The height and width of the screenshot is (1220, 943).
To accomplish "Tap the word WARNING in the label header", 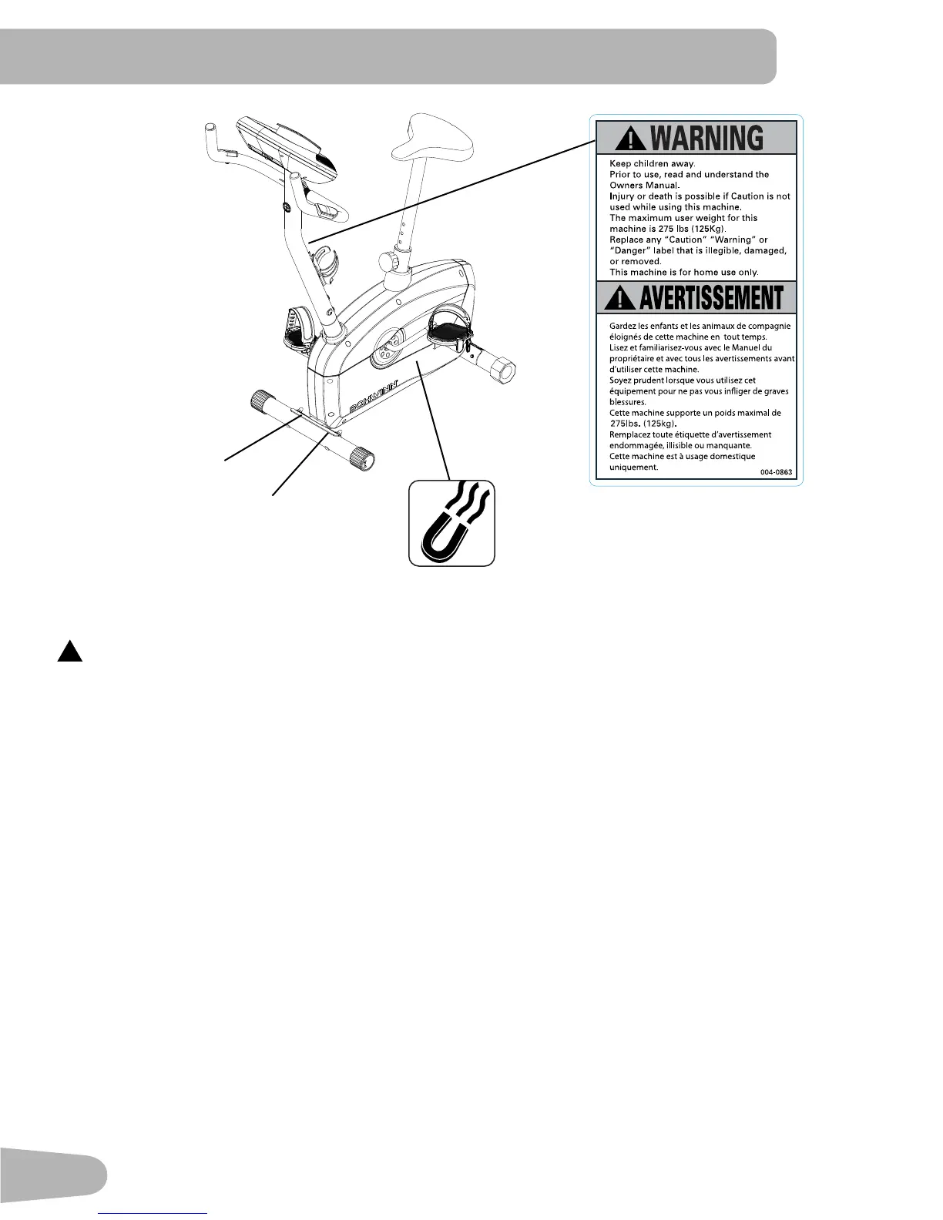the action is point(707,139).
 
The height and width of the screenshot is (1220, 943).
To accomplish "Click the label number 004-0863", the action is point(776,471).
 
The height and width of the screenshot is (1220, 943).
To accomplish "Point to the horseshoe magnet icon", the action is point(451,524).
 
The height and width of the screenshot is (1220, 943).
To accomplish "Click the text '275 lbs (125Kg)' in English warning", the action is point(683,230).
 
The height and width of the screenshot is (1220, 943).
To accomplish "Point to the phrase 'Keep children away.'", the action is point(652,164).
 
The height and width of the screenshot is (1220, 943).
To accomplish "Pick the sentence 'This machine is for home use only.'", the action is point(683,273).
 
